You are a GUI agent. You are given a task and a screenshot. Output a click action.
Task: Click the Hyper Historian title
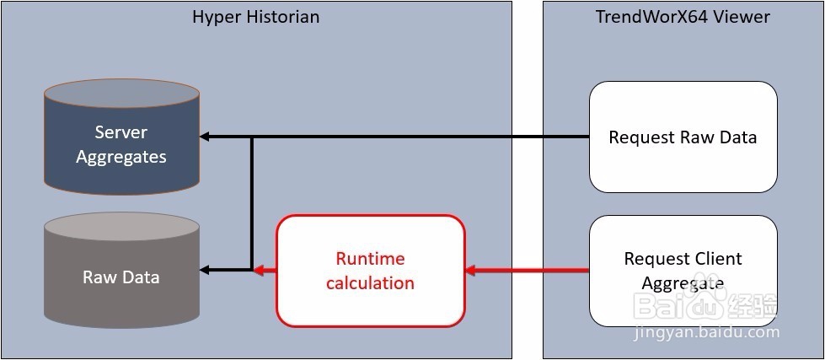click(x=255, y=18)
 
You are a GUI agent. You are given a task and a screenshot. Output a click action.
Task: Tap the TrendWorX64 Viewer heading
click(x=683, y=17)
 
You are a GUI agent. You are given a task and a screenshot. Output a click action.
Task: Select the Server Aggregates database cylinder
click(x=121, y=137)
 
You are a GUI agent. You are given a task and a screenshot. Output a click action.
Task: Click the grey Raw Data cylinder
click(x=121, y=270)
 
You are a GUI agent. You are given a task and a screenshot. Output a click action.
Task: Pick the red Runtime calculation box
click(x=371, y=271)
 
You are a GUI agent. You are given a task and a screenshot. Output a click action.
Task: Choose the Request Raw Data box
click(x=683, y=137)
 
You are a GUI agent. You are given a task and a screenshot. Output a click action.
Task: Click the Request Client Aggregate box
click(x=683, y=271)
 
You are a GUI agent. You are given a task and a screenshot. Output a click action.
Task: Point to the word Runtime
click(x=371, y=259)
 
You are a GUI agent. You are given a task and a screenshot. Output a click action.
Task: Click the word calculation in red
click(x=371, y=283)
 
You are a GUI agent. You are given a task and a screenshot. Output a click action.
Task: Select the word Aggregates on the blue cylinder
click(x=121, y=157)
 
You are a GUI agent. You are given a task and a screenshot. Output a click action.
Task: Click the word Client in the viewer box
click(x=716, y=259)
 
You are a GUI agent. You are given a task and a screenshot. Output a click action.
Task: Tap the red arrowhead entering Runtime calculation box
click(x=471, y=271)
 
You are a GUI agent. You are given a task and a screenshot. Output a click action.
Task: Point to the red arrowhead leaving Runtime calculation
click(x=259, y=271)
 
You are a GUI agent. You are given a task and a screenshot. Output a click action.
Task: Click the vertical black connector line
click(x=252, y=204)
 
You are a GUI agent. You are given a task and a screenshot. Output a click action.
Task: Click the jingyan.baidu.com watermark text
click(x=707, y=333)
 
